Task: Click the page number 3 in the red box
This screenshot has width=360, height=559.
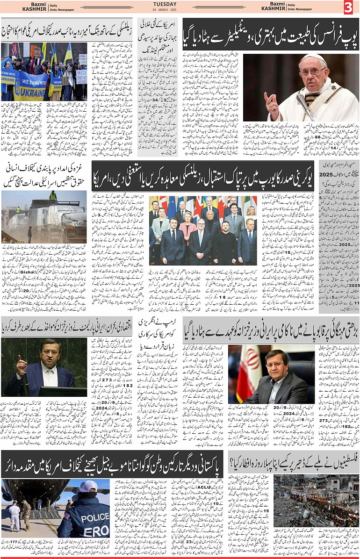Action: click(x=348, y=7)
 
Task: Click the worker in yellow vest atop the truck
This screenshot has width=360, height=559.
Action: click(x=53, y=195)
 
